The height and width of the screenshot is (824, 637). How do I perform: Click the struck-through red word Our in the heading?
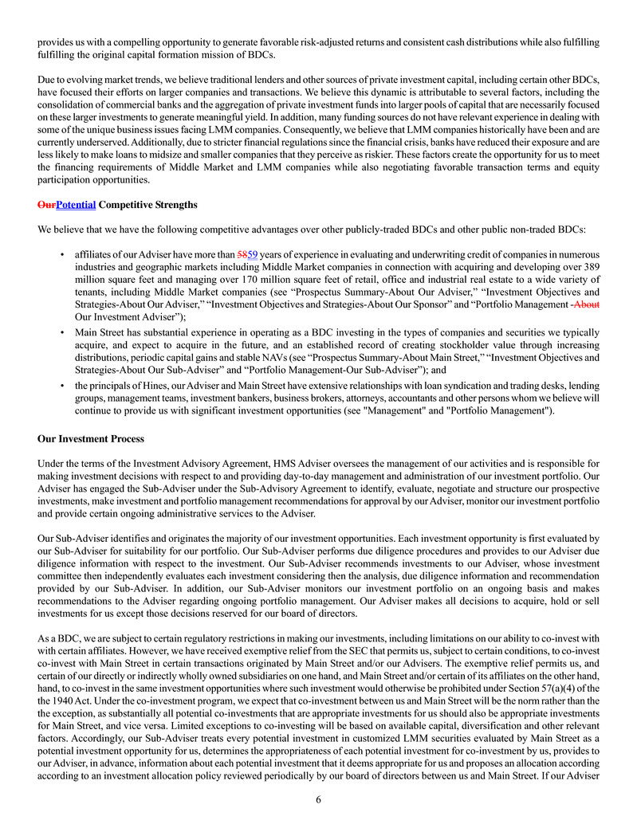pos(46,205)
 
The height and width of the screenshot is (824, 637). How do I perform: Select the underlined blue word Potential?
pos(76,205)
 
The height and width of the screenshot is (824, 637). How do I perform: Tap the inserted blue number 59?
pos(254,254)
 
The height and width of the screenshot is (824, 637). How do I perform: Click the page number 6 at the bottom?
pos(318,799)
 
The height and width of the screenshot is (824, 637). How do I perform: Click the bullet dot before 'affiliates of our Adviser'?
pos(62,254)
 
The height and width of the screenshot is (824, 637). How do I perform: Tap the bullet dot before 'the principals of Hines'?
pos(62,386)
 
